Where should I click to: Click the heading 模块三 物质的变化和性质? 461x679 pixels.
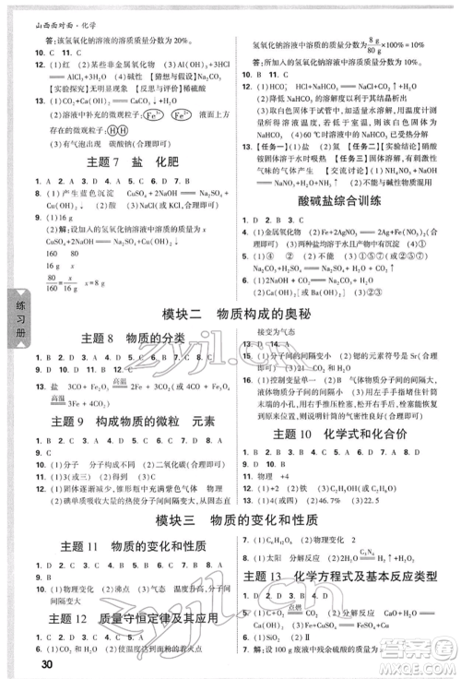click(x=230, y=518)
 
